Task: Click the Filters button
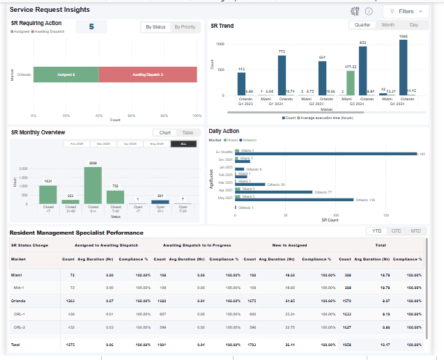(406, 11)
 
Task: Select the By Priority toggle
(185, 27)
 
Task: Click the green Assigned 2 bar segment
(66, 75)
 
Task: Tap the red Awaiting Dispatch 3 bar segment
(148, 75)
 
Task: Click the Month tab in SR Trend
(388, 24)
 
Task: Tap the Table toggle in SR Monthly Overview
(187, 132)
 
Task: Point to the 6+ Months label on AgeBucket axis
(224, 151)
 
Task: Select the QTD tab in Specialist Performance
(396, 230)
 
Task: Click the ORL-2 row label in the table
(19, 327)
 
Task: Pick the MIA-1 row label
(19, 287)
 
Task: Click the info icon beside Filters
(369, 11)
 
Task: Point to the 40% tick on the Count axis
(99, 116)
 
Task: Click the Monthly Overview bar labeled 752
(115, 197)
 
